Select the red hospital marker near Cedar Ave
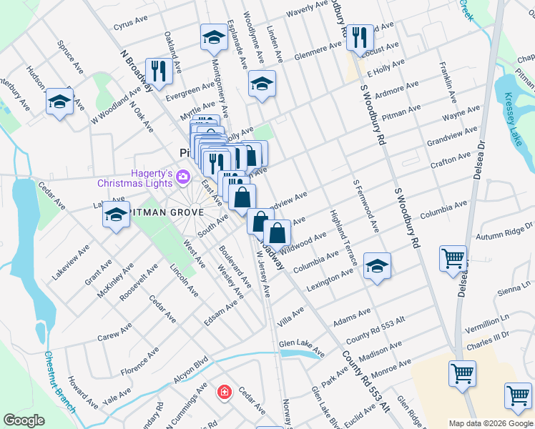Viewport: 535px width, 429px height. coord(225,392)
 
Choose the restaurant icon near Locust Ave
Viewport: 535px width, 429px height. coord(360,37)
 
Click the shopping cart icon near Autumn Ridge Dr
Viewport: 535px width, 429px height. coord(453,259)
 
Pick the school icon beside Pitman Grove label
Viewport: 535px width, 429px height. coord(115,214)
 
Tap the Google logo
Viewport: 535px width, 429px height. coord(24,420)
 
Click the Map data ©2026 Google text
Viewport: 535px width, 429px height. coord(491,423)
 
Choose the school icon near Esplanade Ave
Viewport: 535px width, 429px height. coord(262,84)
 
